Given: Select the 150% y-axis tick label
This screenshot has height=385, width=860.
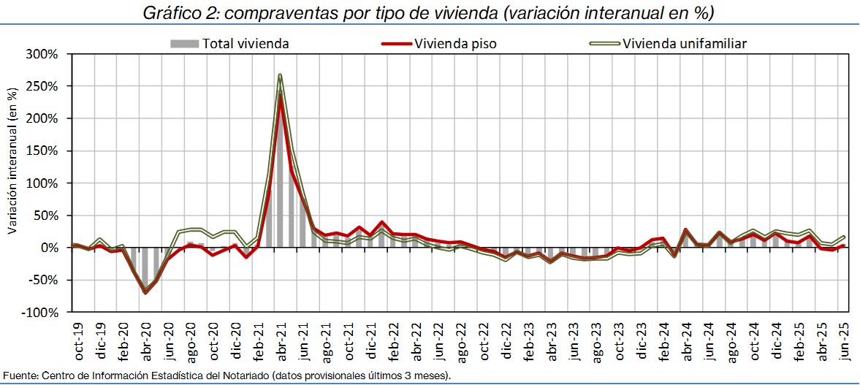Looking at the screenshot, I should coord(44,151).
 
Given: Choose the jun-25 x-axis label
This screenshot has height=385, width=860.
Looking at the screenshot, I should coord(844,338).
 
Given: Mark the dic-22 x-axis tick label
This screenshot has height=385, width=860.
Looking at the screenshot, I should coord(506,338).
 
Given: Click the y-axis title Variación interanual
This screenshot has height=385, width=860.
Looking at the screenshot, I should coord(12,160).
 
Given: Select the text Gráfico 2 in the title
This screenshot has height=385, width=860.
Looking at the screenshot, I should coord(174,12).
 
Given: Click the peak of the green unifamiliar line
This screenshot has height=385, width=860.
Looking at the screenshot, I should coord(280,75).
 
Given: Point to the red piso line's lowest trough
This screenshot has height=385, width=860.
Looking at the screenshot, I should coord(145,292).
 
